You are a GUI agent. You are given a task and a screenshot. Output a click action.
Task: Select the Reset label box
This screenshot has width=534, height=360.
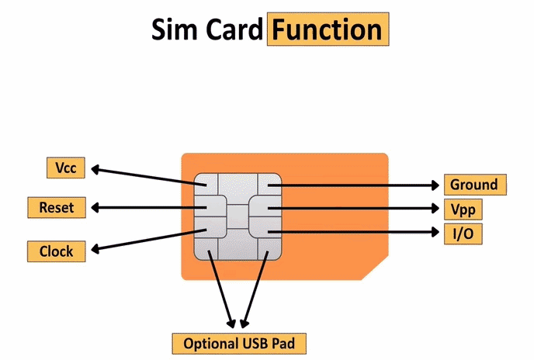click(56, 207)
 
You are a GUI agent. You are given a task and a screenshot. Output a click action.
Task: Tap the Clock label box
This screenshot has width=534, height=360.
click(56, 251)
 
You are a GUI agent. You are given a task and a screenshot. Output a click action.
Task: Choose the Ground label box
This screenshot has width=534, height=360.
click(473, 185)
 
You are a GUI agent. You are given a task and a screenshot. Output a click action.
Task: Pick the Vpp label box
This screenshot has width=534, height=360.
click(463, 209)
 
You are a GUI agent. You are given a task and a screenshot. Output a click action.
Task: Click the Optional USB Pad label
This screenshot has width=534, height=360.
click(239, 342)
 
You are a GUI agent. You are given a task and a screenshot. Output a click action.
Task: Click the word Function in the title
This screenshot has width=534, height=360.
click(327, 29)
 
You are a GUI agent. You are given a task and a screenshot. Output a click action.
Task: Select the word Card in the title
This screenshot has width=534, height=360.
click(231, 29)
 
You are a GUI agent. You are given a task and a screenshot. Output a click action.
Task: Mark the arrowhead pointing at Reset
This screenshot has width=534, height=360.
click(95, 208)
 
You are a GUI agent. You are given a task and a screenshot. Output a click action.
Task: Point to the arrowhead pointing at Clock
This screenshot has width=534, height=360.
click(95, 249)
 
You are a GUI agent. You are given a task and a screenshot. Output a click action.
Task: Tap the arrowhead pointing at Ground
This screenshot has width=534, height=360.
click(437, 185)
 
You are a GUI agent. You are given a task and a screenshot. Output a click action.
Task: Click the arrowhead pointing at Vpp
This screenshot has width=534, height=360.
click(437, 209)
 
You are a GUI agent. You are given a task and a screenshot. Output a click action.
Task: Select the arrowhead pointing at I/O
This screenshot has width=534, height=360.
click(437, 232)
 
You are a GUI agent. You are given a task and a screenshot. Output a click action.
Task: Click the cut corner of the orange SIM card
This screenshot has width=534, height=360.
click(373, 266)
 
